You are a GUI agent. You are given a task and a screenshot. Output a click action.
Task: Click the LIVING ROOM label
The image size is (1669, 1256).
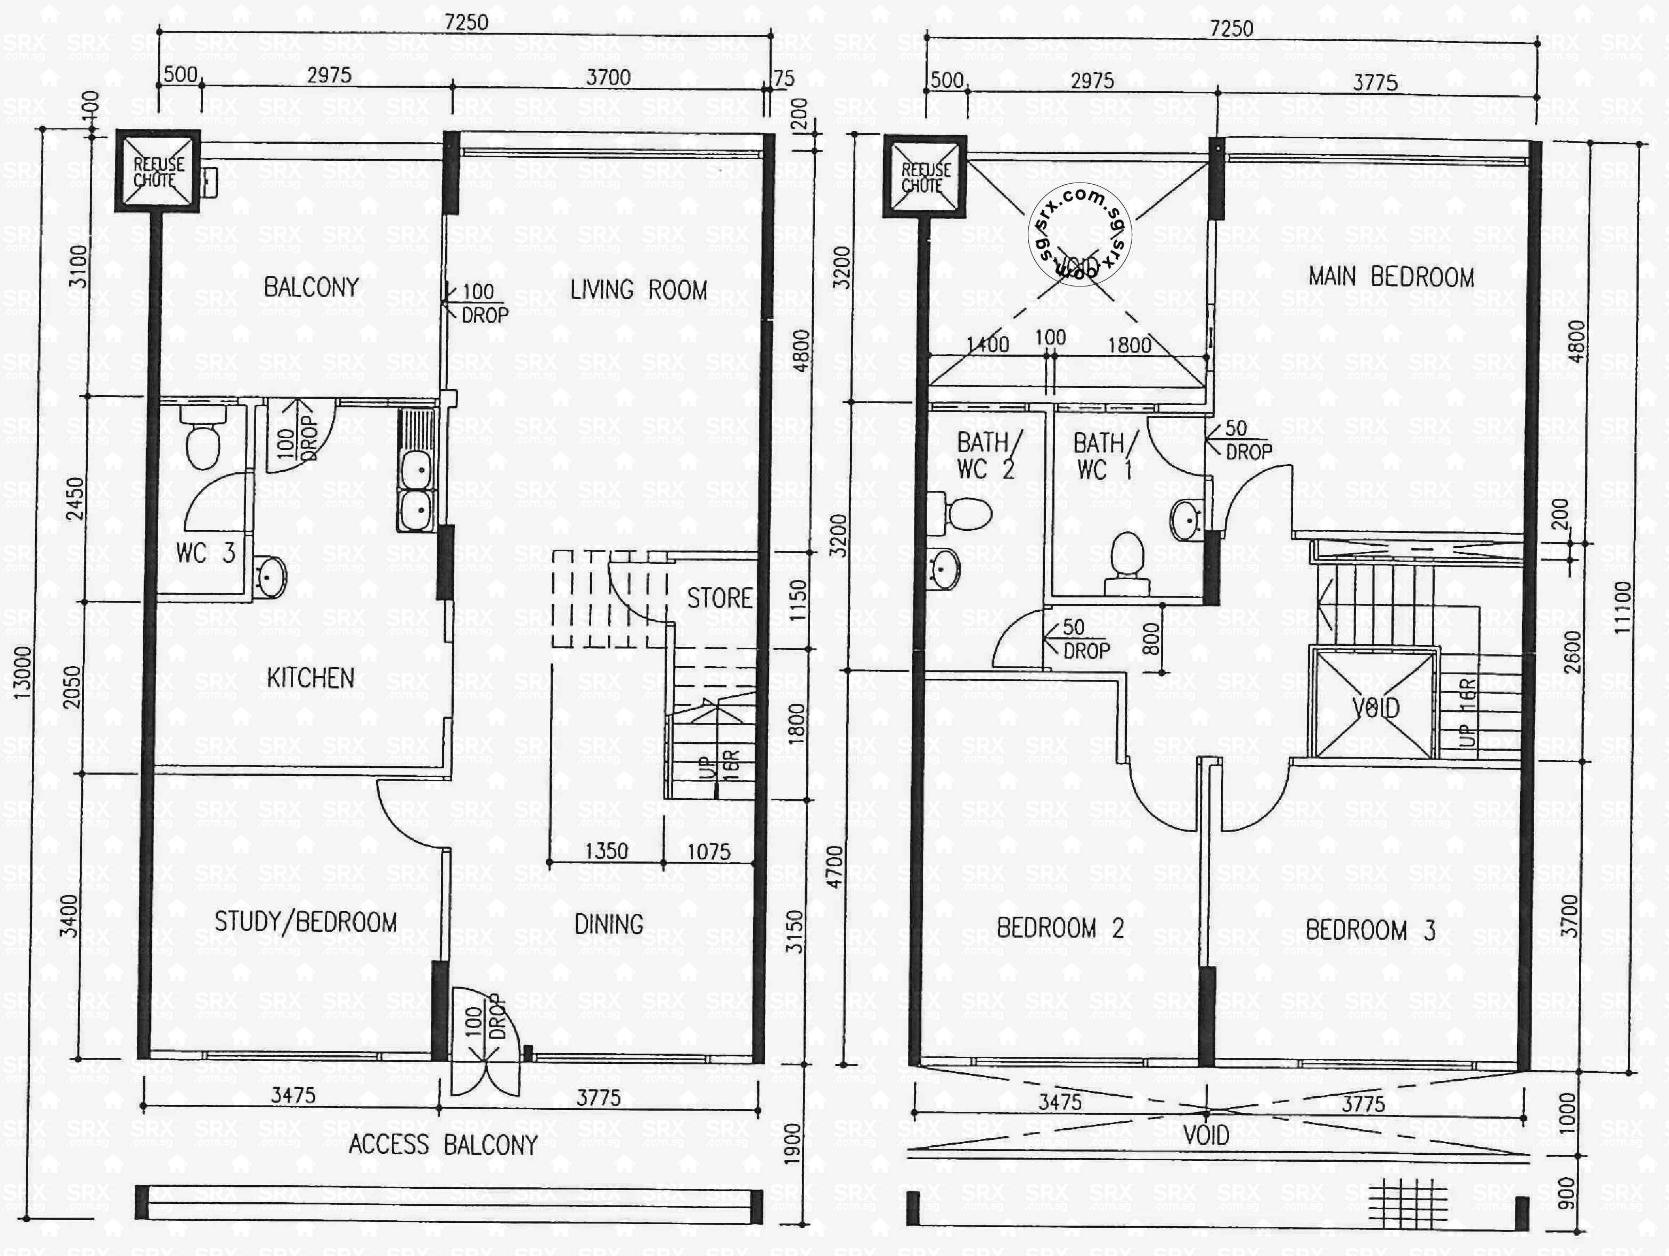click(639, 290)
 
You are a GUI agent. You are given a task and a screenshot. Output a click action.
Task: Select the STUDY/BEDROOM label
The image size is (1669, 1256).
click(306, 922)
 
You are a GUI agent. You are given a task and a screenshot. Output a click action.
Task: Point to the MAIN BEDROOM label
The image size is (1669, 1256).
click(1392, 277)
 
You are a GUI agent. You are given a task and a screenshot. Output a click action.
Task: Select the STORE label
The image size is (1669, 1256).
click(719, 599)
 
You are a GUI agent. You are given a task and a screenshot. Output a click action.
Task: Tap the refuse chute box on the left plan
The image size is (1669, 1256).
click(158, 172)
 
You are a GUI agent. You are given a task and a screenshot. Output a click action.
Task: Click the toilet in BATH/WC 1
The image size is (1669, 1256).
click(1127, 563)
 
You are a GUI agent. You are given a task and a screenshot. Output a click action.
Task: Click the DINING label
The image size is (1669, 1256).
click(608, 925)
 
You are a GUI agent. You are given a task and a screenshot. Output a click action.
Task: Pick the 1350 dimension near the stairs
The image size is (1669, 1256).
click(607, 851)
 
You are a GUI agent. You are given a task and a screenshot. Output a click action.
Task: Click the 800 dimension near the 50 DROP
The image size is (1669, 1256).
click(1151, 638)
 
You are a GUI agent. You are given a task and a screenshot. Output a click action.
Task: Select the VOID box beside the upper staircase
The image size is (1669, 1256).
click(1375, 706)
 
